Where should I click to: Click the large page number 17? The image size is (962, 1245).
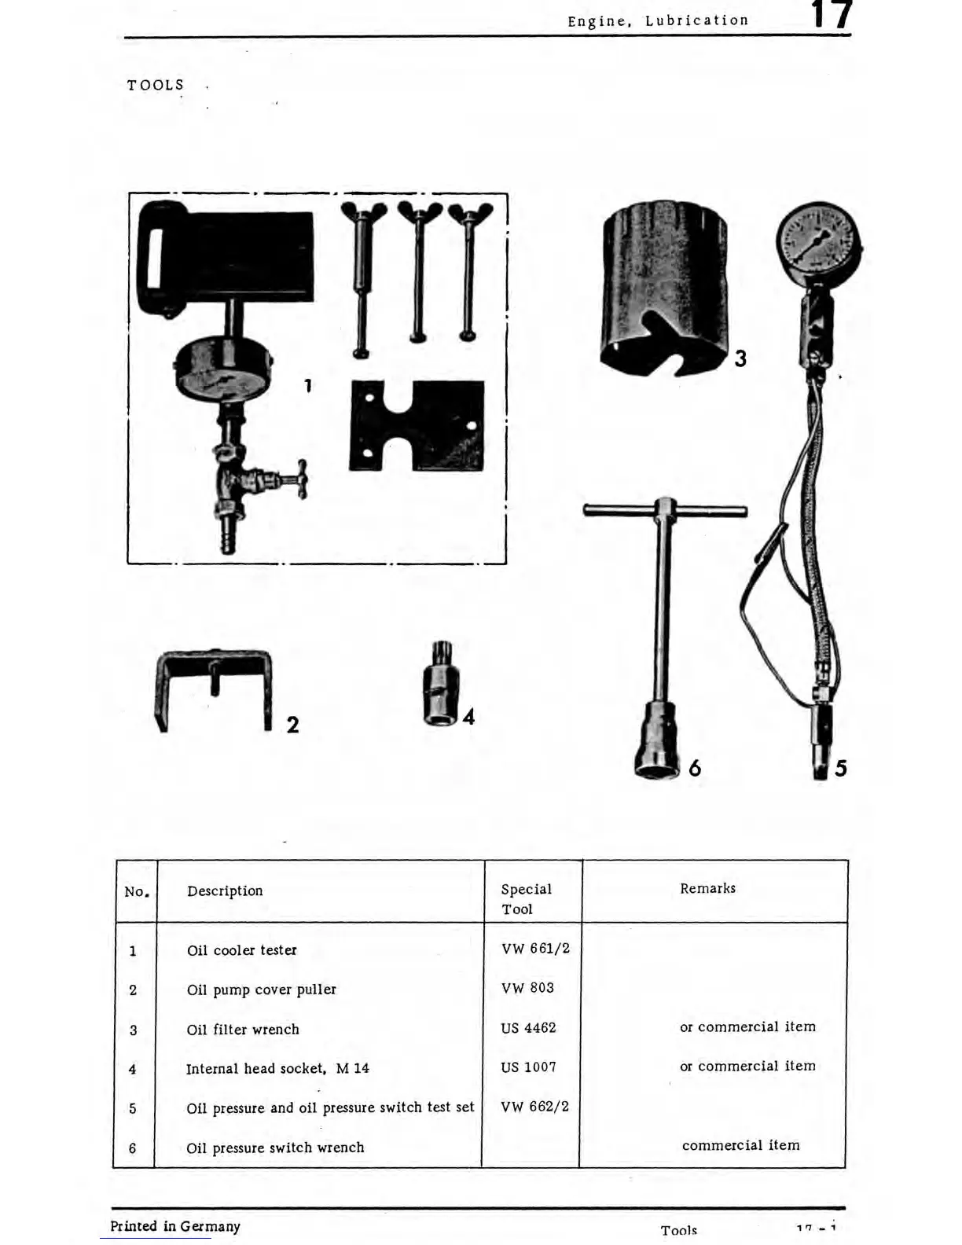832,16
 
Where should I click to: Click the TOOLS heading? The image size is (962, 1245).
156,85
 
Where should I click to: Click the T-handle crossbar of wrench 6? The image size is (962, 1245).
664,511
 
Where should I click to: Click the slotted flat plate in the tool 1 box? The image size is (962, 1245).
417,425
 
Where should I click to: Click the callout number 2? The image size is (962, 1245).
292,725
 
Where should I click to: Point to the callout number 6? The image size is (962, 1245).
695,768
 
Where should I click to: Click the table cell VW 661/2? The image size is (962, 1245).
535,949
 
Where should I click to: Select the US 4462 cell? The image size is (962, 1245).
528,1028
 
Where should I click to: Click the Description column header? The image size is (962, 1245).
225,891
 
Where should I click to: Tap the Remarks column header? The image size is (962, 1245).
707,888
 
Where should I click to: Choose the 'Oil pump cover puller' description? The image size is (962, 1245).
261,990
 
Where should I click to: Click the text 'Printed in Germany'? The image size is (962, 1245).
175,1226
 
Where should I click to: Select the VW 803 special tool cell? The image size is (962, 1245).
527,988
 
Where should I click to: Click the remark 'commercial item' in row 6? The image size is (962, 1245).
740,1145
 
